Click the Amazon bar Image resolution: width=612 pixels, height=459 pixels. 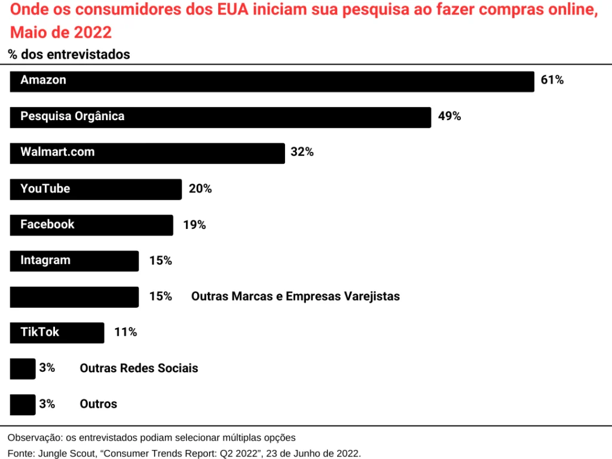[272, 81]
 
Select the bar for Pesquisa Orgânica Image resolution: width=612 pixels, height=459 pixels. [221, 117]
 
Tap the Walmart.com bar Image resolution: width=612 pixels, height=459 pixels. [147, 153]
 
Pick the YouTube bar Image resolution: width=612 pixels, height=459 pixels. [96, 189]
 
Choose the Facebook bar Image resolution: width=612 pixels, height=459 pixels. [91, 225]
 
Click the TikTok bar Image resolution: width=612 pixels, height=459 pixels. [57, 332]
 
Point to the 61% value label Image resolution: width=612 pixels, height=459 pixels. [552, 80]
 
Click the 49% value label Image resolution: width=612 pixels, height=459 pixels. [449, 116]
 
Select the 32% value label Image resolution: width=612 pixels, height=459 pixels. [302, 152]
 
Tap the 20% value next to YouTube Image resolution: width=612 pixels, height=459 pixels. [200, 189]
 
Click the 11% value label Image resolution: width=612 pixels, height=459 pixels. [126, 332]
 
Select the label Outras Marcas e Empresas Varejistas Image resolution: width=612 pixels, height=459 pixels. [295, 296]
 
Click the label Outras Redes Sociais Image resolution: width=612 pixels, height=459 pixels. [139, 368]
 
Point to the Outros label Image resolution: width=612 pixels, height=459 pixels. [99, 404]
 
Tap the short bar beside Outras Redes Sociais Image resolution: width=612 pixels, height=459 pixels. [23, 369]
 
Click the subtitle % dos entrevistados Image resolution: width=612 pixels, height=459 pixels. [69, 54]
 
